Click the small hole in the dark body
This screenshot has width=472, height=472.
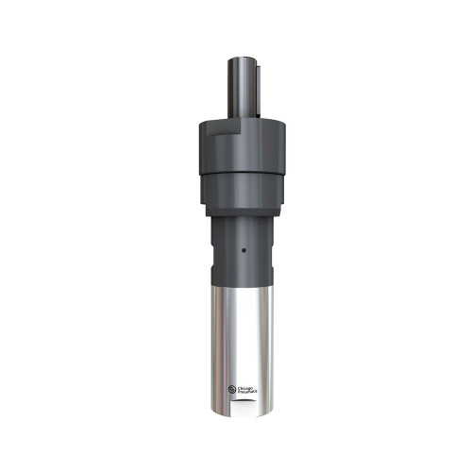(244, 252)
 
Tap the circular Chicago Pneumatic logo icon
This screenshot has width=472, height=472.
(233, 388)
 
